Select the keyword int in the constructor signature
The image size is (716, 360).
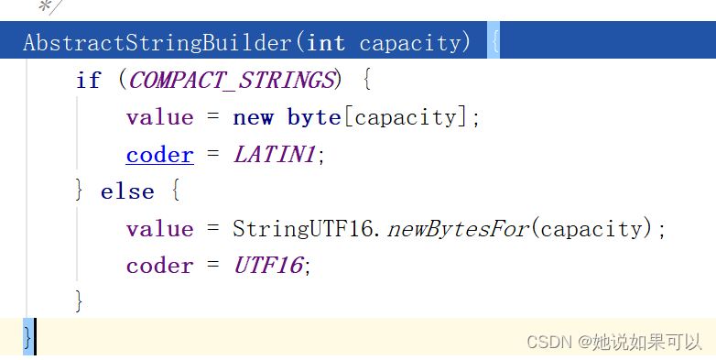(x=327, y=42)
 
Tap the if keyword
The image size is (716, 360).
(x=89, y=80)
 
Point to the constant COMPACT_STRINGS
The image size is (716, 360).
(x=232, y=80)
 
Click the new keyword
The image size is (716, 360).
(x=253, y=117)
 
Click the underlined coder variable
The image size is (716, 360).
(x=159, y=155)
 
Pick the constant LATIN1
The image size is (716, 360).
(x=275, y=155)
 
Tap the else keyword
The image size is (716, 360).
(x=126, y=191)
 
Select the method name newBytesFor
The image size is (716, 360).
(x=459, y=229)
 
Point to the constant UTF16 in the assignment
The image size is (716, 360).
(x=268, y=266)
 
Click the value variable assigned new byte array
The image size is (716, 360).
(x=159, y=117)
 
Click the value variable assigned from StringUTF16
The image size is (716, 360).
(x=159, y=229)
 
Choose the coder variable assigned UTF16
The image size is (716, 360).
(x=159, y=266)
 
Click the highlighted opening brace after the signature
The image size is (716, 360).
(x=494, y=42)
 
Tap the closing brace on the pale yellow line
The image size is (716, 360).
(x=27, y=336)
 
